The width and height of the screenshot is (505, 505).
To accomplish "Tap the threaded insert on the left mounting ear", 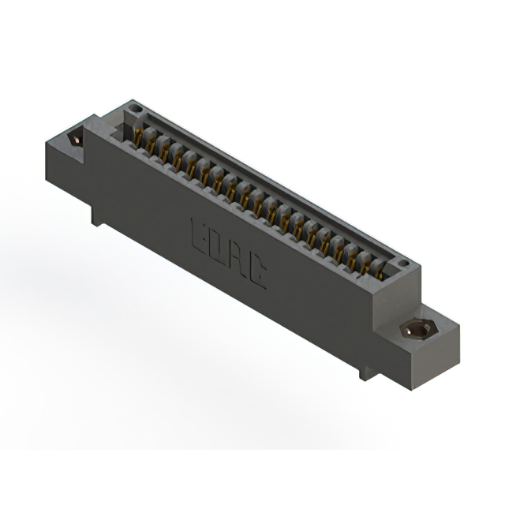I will tap(76, 138).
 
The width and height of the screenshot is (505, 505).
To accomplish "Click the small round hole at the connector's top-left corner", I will tap(135, 108).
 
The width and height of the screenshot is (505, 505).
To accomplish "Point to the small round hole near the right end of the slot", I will tap(402, 263).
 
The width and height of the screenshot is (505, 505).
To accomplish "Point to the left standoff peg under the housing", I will tap(97, 214).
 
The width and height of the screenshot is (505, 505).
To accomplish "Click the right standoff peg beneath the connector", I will tap(365, 369).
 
